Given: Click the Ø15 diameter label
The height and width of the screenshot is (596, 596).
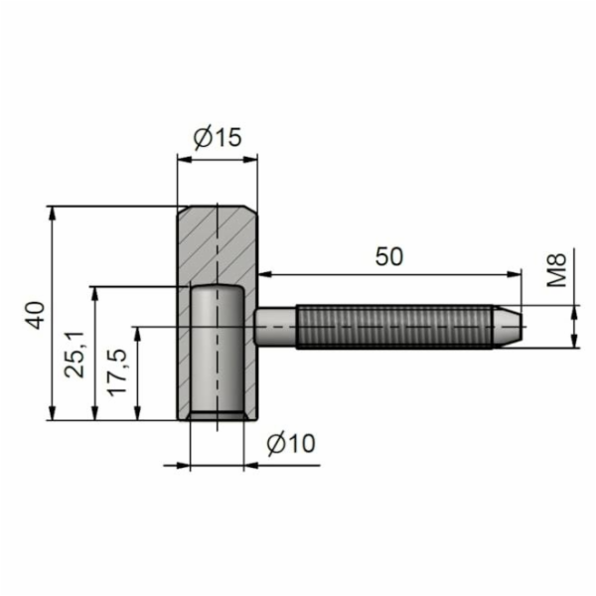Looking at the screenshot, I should click(x=218, y=138).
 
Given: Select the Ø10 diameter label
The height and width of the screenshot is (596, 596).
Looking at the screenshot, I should click(x=290, y=443).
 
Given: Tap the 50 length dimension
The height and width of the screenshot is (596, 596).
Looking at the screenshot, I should click(x=389, y=255).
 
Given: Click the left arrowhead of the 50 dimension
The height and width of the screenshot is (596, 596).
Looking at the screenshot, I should click(x=263, y=273).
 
